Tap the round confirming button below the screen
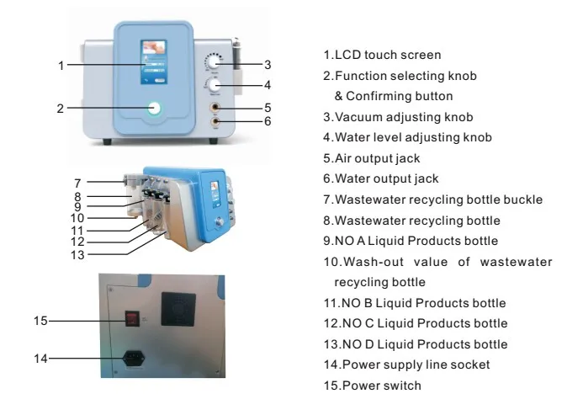click(x=154, y=107)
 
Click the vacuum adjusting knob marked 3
click(x=215, y=63)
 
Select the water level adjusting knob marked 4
click(x=215, y=86)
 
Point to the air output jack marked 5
click(x=217, y=108)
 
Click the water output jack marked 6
click(x=216, y=122)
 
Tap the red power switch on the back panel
click(x=130, y=320)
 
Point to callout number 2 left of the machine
click(x=60, y=108)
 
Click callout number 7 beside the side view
click(x=77, y=182)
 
